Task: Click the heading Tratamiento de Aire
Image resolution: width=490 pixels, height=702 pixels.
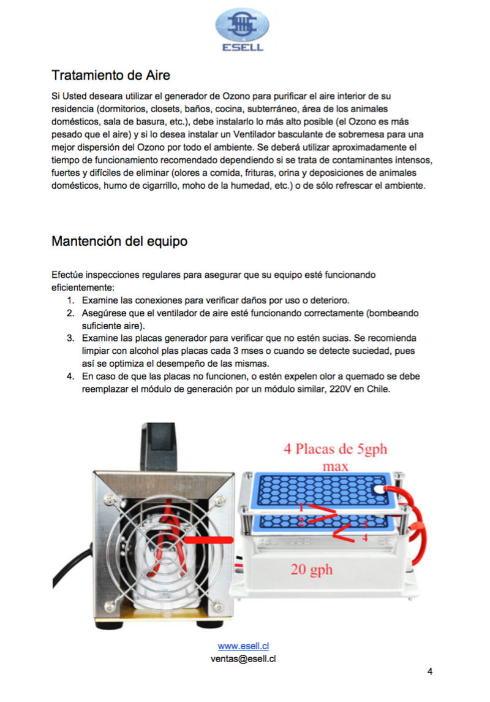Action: pos(110,75)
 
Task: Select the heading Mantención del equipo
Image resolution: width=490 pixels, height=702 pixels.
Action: pos(119,242)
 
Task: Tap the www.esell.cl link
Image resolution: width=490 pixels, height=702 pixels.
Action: pos(244,646)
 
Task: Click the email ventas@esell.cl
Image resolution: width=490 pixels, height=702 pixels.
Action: pos(243,658)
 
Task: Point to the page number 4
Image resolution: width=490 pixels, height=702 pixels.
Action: pos(430,671)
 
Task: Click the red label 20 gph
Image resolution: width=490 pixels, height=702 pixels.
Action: pos(311,570)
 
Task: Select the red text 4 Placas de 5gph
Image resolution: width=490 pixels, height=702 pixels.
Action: pos(335,449)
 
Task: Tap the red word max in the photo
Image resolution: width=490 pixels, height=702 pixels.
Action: pos(334,467)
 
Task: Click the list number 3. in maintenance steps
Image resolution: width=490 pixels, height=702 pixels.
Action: pos(70,338)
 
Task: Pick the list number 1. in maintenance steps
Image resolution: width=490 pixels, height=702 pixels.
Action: pos(70,300)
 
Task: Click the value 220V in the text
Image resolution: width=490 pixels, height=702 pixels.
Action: pos(334,388)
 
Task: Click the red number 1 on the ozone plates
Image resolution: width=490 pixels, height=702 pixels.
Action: pos(301,508)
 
